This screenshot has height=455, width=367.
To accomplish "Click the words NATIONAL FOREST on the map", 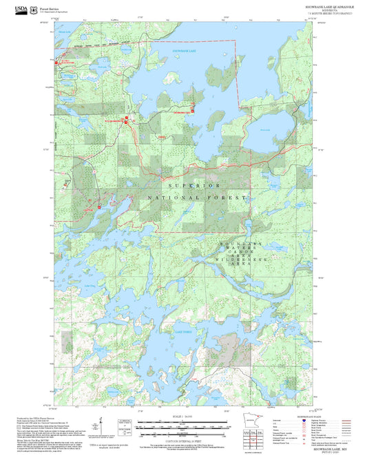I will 197,198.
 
